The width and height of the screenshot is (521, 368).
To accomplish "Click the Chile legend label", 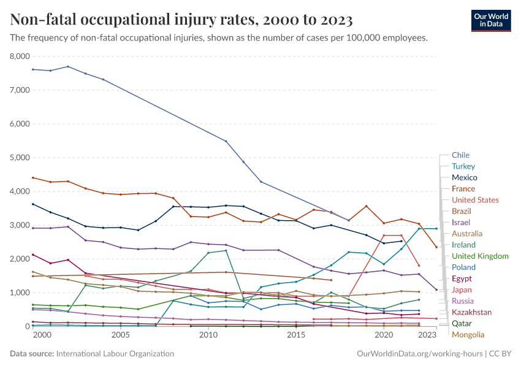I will coord(460,155).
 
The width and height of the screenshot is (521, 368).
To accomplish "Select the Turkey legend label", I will coord(463,166).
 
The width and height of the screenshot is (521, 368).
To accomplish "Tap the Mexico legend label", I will coord(464,177).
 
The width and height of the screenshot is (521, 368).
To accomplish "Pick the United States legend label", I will coord(475,200).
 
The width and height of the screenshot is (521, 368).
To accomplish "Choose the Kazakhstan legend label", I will coord(471,312).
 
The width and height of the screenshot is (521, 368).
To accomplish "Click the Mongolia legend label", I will coord(468,334).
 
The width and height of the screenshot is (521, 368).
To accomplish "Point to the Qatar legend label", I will coord(462,323).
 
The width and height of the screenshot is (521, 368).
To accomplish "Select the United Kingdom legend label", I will coord(480,256).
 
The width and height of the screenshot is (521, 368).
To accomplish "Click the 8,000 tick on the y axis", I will coord(20,56).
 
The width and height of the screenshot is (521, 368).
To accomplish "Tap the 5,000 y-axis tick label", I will coord(20,158).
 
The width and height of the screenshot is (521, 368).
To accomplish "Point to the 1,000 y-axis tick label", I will coord(20,293).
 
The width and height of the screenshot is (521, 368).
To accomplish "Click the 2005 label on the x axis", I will coord(120,336).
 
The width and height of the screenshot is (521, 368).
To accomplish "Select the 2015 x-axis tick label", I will coord(296,336).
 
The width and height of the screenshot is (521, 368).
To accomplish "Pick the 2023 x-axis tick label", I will coord(427,336).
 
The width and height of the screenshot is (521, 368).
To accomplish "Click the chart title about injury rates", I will coord(181,20).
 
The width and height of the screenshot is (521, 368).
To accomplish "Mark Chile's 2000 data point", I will coord(32,69).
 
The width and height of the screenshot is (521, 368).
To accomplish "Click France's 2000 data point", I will coord(32,178).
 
